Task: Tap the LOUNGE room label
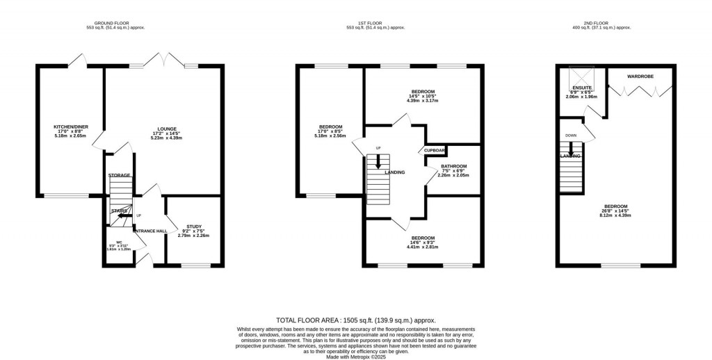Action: coord(166,129)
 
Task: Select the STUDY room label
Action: coord(193,227)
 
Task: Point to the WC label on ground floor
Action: coord(119,243)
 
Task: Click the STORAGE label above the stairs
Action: coord(119,175)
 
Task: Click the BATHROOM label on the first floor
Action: coord(453,166)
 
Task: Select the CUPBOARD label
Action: coord(435,150)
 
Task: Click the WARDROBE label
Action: coord(640,76)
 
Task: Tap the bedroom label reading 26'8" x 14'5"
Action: coord(616,206)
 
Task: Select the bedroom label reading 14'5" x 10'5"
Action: coord(423,92)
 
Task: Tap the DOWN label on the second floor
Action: coord(570,136)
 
